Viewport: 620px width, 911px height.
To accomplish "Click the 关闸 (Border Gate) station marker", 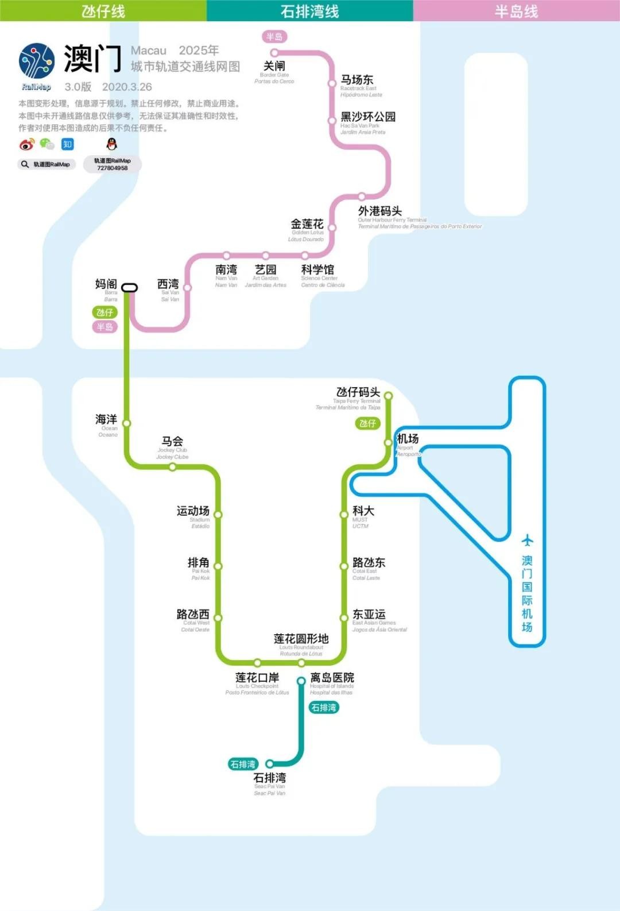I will coord(274,53).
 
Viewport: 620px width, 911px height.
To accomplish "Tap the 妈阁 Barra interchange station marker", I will coord(129,287).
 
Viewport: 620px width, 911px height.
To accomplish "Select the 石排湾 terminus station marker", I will coord(269,764).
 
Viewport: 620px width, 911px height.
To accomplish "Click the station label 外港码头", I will coord(379,211).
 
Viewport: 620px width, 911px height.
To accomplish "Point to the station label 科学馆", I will coord(317,269).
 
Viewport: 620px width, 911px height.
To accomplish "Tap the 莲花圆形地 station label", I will coord(301,639).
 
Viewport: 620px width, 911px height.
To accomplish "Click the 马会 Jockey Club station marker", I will coord(172,467).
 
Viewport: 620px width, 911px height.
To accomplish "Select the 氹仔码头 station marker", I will coord(388,396).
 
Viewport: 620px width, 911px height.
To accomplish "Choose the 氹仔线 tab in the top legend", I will coord(103,11).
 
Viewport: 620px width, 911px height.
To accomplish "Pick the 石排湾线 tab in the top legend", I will coord(310,11).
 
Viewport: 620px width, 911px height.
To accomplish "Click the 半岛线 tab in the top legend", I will coord(517,11).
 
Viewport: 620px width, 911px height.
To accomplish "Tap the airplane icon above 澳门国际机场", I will coord(527,540).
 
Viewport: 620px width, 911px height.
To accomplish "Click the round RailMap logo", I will coord(37,61).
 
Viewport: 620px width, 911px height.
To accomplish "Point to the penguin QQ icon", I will coord(112,144).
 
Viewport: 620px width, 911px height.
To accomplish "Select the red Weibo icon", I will coord(26,144).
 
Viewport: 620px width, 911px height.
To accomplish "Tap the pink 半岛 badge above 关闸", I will coord(274,37).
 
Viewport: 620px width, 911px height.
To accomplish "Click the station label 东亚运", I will coord(369,614).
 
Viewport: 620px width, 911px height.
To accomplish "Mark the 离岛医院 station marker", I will coord(301,681).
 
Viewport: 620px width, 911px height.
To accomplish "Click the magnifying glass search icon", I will coord(25,164).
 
